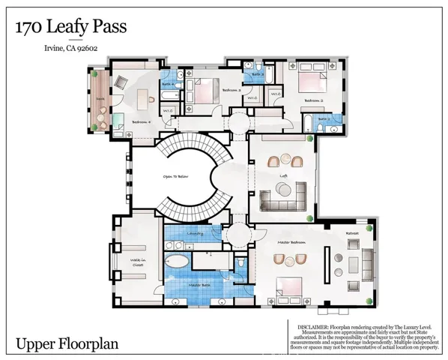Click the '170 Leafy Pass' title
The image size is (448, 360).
[70, 28]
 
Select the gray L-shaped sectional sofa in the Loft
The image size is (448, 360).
[285, 197]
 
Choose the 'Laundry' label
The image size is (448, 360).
[196, 233]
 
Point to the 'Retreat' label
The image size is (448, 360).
[352, 234]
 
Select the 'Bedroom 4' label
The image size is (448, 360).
[142, 121]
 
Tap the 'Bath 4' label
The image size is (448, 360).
[169, 85]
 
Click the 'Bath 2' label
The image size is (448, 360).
[324, 118]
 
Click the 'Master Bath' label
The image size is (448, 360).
[199, 285]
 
